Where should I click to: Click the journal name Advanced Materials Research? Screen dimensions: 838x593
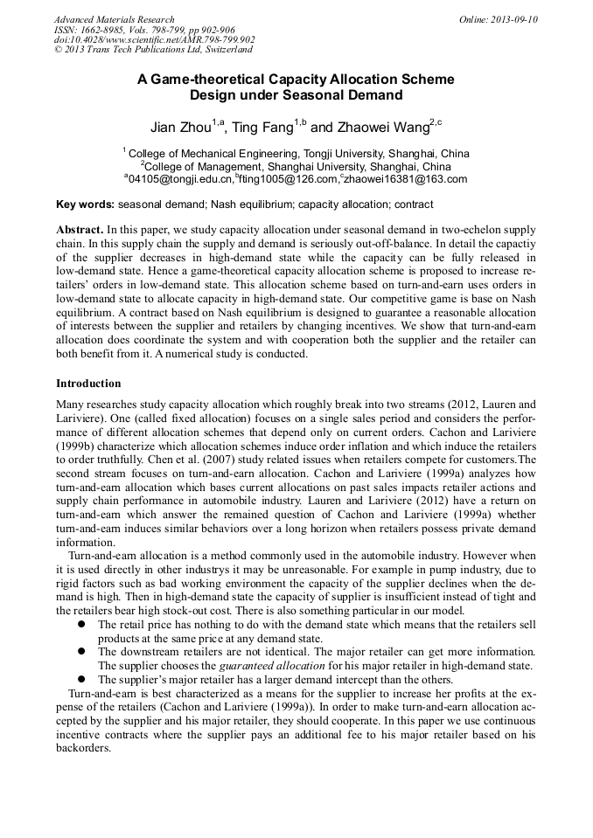(114, 19)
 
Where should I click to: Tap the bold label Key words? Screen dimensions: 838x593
(85, 205)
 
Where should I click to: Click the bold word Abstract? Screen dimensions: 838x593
(80, 228)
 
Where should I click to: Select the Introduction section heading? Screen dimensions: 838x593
(88, 384)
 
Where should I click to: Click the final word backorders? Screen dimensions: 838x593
(84, 748)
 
